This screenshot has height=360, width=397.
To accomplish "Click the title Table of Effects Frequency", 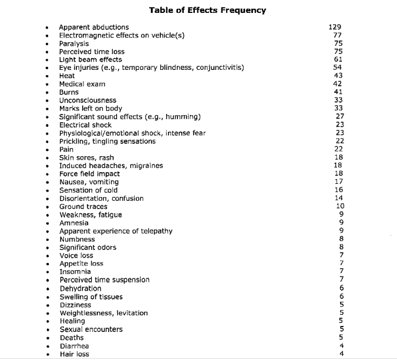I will (x=207, y=10).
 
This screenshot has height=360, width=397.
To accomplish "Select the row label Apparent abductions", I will (x=94, y=27).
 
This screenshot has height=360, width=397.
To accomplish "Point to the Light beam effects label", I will (x=90, y=60).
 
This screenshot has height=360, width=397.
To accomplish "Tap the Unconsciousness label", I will (x=88, y=100).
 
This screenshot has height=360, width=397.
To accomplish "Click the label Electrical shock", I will (x=85, y=125).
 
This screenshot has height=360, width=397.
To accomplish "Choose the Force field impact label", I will (x=89, y=174).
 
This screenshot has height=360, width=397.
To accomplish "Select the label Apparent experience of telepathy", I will (x=116, y=231).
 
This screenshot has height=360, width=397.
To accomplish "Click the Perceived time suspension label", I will (x=105, y=280).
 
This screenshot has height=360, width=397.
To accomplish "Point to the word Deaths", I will (x=72, y=338).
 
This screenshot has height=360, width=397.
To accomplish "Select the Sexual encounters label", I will (x=91, y=329).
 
